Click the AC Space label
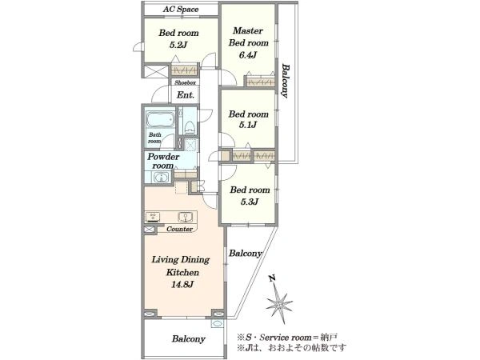(x=181, y=9)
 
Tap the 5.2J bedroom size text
(x=178, y=45)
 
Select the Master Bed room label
(x=248, y=37)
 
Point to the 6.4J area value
(x=248, y=55)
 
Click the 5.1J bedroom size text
(x=248, y=126)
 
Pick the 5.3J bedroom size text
(x=250, y=202)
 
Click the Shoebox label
(x=186, y=82)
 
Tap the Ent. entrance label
(x=186, y=95)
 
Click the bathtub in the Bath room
(x=160, y=120)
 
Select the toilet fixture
(x=189, y=127)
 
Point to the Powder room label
(x=163, y=162)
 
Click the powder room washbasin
(x=161, y=178)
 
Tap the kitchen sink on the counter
(x=186, y=217)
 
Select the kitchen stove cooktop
(x=153, y=217)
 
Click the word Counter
(x=180, y=229)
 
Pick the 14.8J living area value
(x=182, y=285)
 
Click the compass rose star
(x=279, y=304)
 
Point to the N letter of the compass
(x=271, y=278)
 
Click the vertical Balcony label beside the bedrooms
(x=286, y=81)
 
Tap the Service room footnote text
(x=288, y=338)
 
